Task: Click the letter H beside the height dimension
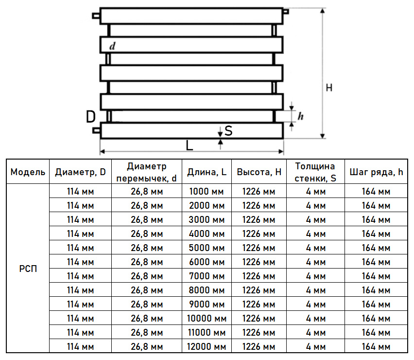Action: [x=329, y=88]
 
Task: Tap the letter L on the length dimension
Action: [x=190, y=145]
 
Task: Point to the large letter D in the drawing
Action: [x=90, y=117]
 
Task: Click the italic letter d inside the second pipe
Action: [x=112, y=46]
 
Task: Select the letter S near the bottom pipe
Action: [x=228, y=131]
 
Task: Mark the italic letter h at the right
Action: [x=300, y=116]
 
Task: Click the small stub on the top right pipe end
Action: [x=286, y=12]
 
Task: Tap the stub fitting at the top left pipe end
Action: [x=96, y=16]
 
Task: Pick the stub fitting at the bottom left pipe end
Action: [x=96, y=130]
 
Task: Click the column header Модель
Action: [x=28, y=172]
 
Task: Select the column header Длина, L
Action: [x=207, y=172]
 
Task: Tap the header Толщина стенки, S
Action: [x=315, y=172]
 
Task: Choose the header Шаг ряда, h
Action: [x=376, y=172]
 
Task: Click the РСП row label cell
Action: [x=28, y=269]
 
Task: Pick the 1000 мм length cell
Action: [x=207, y=191]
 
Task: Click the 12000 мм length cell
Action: [x=207, y=346]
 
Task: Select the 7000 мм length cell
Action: [x=207, y=276]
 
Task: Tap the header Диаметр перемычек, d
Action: [x=147, y=172]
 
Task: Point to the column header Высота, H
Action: [x=259, y=172]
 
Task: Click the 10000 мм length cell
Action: [x=207, y=318]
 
